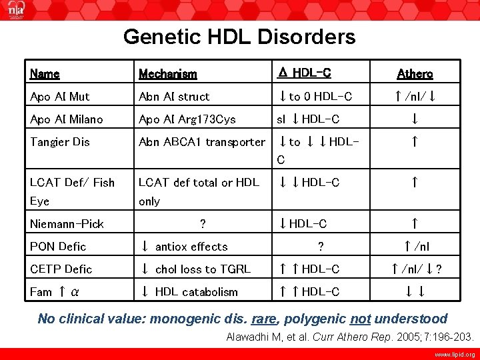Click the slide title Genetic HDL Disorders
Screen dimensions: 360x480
click(x=239, y=37)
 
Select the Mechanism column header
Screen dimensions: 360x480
click(x=167, y=74)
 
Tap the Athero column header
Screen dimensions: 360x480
click(x=415, y=74)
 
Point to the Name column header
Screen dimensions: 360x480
click(x=45, y=74)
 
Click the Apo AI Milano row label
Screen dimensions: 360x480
click(x=67, y=119)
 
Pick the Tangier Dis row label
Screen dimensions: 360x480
click(x=60, y=142)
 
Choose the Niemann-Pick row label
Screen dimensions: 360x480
click(x=67, y=224)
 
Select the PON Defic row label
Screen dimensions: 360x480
click(x=58, y=247)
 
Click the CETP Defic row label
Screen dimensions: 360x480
click(x=61, y=269)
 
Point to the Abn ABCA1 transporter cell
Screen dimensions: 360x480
click(x=202, y=142)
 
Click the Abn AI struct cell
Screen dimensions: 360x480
click(x=174, y=97)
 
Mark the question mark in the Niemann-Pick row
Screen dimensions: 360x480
click(x=202, y=224)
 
